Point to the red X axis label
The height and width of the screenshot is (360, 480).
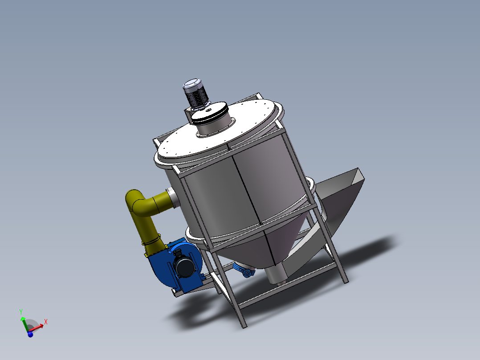click(46, 321)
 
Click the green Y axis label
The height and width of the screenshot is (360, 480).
click(20, 311)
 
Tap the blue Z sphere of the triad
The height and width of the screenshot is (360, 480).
click(30, 334)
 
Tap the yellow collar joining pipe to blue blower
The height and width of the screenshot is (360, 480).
click(151, 243)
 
